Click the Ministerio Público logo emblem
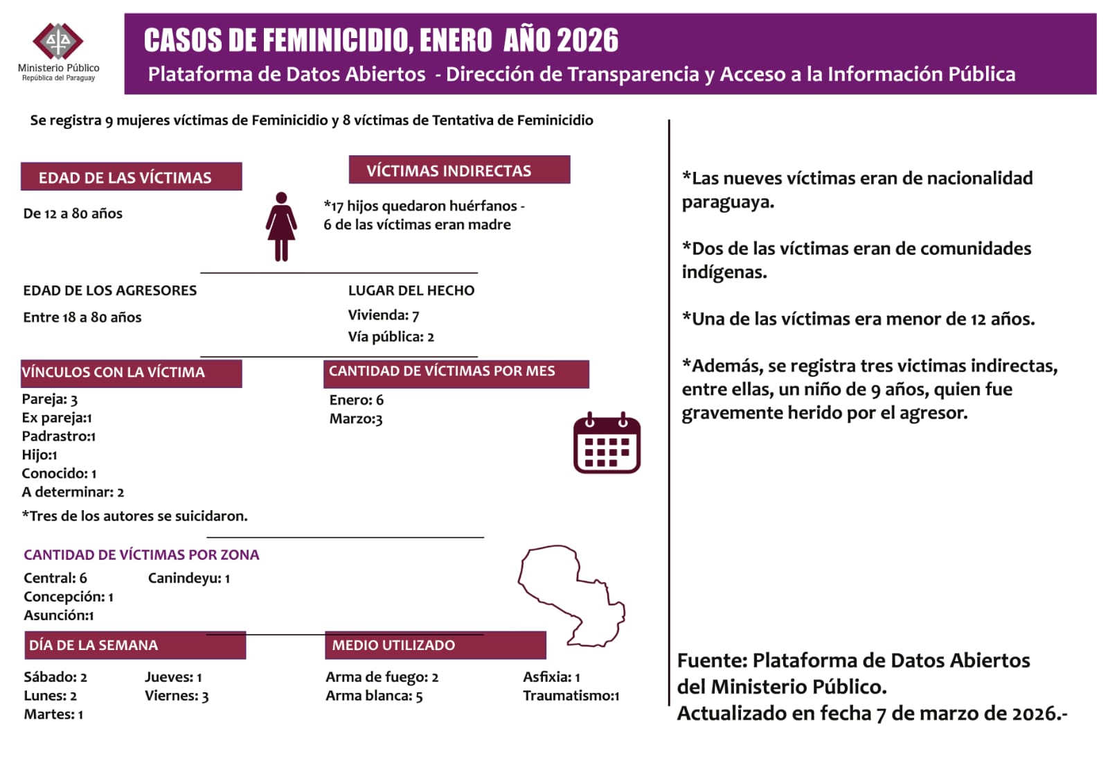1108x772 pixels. coord(58,42)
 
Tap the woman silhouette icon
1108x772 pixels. coord(281,227)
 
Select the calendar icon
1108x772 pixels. coord(607,444)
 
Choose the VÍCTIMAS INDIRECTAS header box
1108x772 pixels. coord(459,170)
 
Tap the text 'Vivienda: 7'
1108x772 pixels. coord(383,315)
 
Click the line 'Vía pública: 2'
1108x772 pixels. coord(391,337)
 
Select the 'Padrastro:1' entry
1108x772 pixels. coord(59,436)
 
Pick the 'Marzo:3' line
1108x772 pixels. coord(356,419)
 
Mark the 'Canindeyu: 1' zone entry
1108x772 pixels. coord(188,578)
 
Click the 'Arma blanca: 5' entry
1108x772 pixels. coord(374,696)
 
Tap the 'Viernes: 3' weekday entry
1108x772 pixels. coord(177,696)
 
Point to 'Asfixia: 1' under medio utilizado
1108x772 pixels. coord(551,677)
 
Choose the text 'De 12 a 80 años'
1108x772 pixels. coord(73,213)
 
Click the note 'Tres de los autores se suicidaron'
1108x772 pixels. coord(134,516)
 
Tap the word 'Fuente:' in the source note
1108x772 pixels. coord(712,660)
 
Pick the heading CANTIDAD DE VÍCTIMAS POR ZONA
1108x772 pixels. coord(141,554)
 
